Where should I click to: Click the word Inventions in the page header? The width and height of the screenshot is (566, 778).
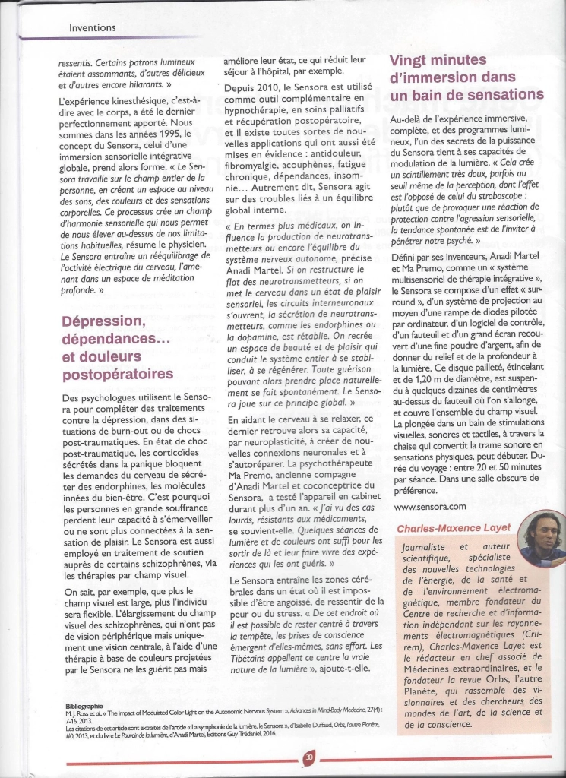coord(92,27)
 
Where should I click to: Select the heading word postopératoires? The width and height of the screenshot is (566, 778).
coord(117,373)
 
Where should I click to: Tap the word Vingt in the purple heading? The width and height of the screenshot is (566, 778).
coord(411,61)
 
